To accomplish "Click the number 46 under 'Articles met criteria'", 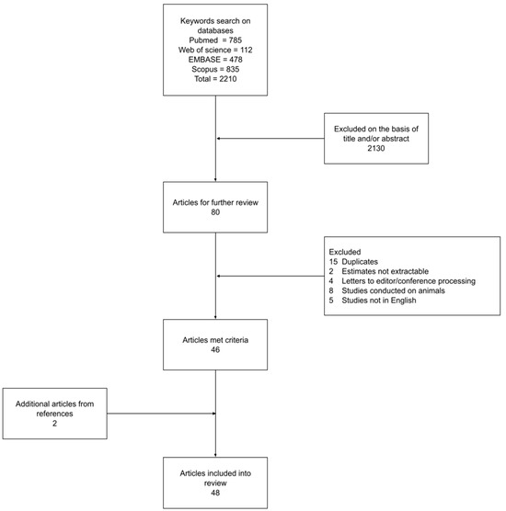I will [x=215, y=348].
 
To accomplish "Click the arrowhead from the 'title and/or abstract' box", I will [x=218, y=139].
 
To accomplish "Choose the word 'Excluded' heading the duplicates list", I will [x=346, y=252].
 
